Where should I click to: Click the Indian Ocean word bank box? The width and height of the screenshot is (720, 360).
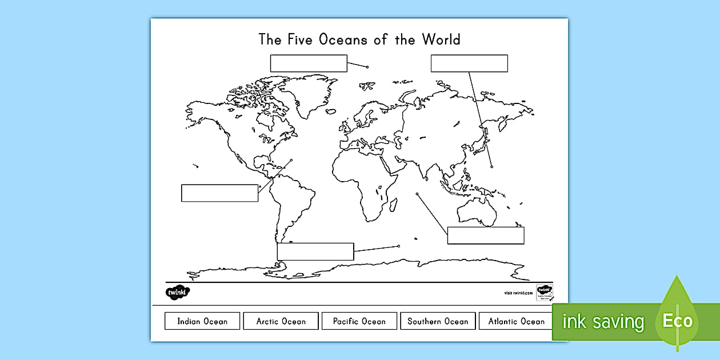(202, 321)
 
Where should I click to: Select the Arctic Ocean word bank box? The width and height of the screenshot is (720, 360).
(281, 321)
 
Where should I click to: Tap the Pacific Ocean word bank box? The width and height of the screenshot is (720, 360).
(359, 321)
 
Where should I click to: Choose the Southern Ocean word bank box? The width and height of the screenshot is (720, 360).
(438, 321)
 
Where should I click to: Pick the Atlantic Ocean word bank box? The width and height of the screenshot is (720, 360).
(516, 321)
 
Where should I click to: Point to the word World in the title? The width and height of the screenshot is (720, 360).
(441, 39)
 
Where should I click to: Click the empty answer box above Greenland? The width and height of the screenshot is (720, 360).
(309, 63)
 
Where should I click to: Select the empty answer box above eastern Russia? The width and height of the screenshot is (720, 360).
(469, 63)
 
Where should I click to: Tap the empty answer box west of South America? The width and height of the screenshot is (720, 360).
(219, 193)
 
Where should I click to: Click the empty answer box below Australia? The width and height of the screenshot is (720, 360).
(486, 235)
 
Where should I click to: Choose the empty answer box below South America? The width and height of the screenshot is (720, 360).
(315, 251)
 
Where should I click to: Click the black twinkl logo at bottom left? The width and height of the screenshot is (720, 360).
(178, 293)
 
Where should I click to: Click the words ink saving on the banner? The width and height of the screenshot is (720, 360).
(603, 322)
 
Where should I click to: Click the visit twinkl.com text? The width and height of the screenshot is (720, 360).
(518, 293)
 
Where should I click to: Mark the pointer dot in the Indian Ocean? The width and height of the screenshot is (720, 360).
(418, 194)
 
